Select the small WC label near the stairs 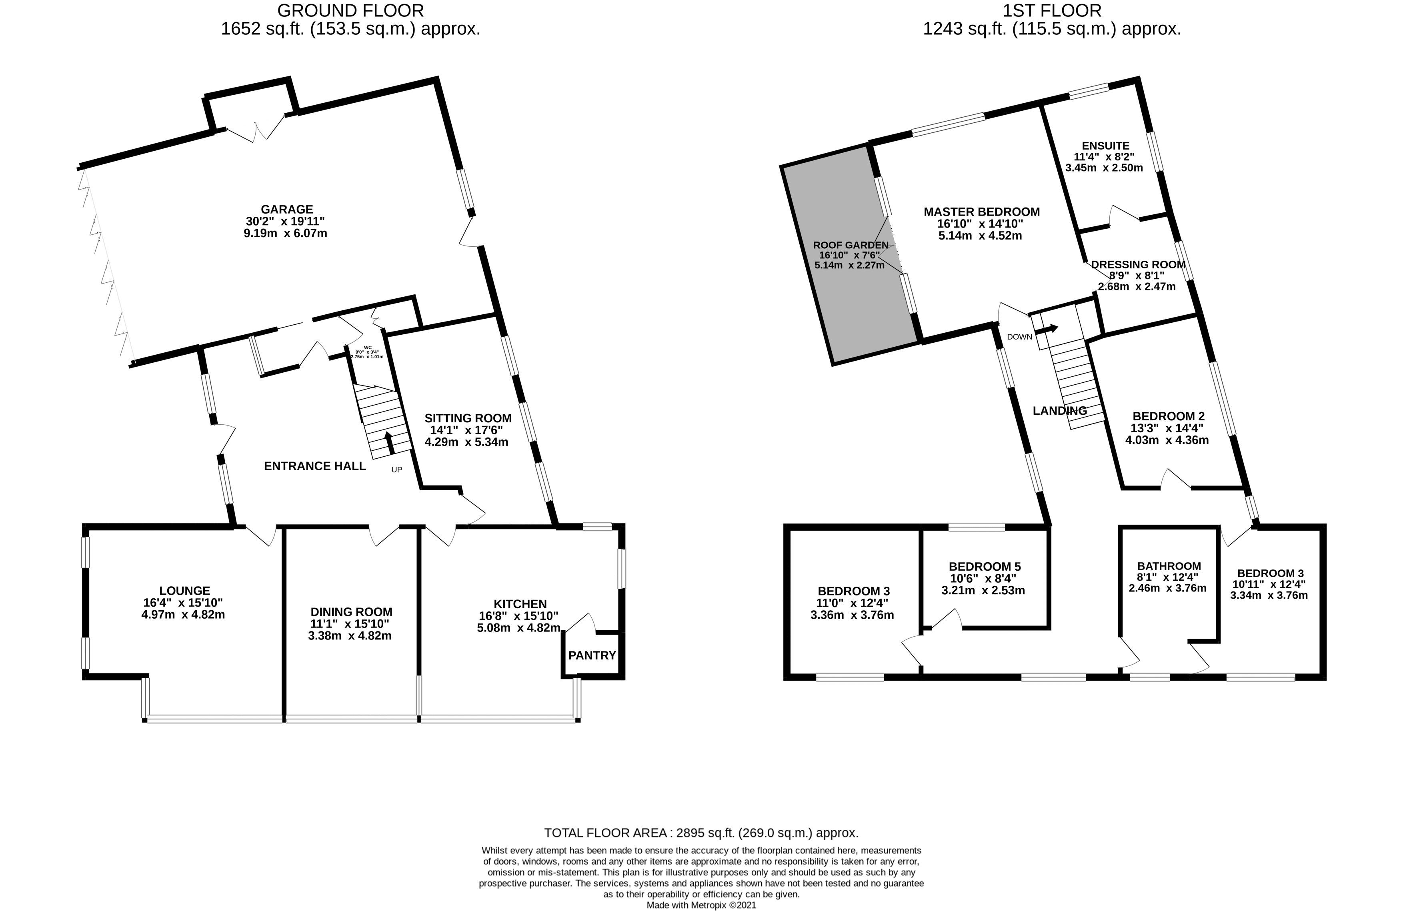(x=368, y=348)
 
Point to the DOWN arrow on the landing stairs (x=1047, y=329)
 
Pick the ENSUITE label (x=1105, y=146)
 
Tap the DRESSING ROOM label (x=1138, y=265)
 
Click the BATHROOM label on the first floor (x=1169, y=566)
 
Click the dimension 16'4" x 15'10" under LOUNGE (x=183, y=603)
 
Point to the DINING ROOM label (x=351, y=611)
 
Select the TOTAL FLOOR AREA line (x=700, y=833)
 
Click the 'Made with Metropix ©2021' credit (x=701, y=905)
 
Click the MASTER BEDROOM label (x=981, y=212)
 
